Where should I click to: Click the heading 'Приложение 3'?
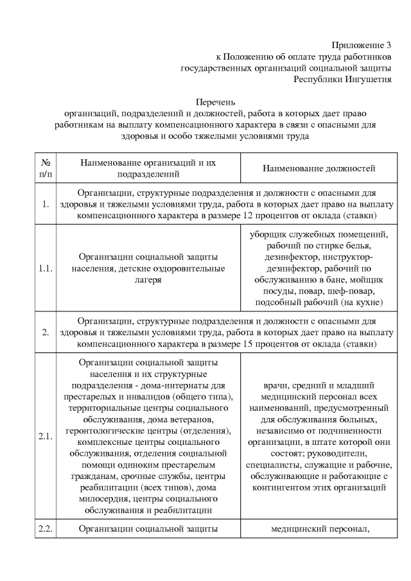tap(361, 45)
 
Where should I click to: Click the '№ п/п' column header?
tap(46, 168)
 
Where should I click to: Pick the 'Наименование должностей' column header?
tap(319, 168)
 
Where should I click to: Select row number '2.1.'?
tap(46, 438)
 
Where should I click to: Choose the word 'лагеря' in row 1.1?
tap(149, 280)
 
